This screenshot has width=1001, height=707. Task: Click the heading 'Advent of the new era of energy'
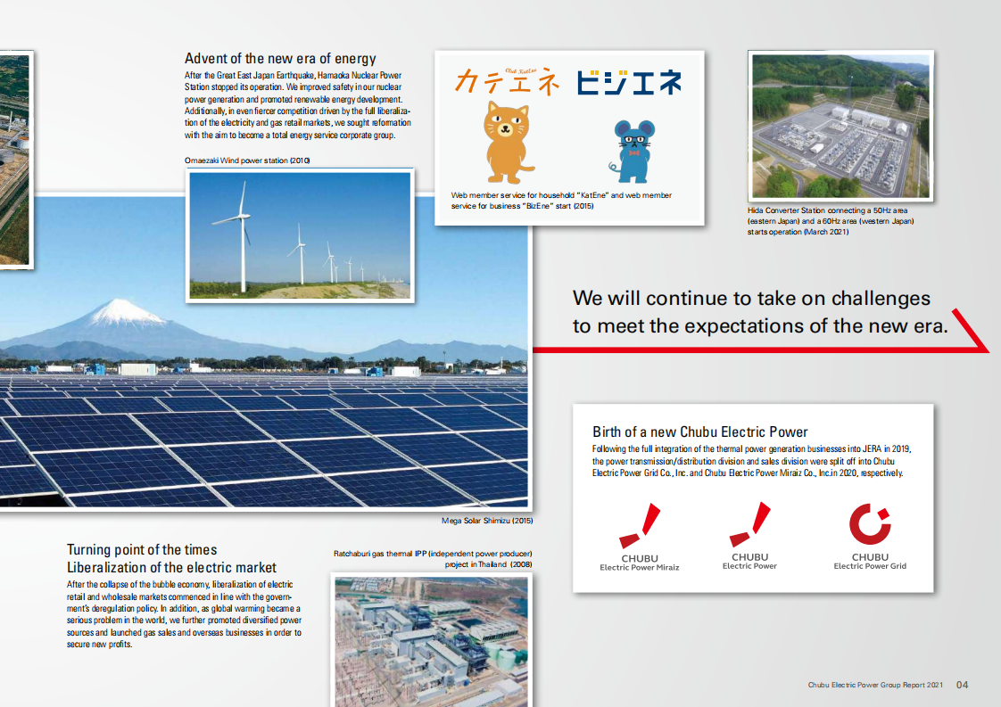[280, 59]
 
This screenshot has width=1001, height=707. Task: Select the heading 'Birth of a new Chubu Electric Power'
[699, 432]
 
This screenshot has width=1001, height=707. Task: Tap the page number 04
[962, 685]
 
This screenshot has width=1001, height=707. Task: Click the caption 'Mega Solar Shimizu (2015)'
[486, 521]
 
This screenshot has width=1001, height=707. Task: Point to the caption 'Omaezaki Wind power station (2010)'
[247, 160]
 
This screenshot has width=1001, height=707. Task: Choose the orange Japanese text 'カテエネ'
[507, 81]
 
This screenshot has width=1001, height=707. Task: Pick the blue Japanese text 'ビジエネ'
[628, 82]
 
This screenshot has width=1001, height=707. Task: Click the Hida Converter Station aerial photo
[840, 126]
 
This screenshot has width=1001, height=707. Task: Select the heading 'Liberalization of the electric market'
[171, 567]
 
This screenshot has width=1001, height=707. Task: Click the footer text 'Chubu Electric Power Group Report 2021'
[875, 685]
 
